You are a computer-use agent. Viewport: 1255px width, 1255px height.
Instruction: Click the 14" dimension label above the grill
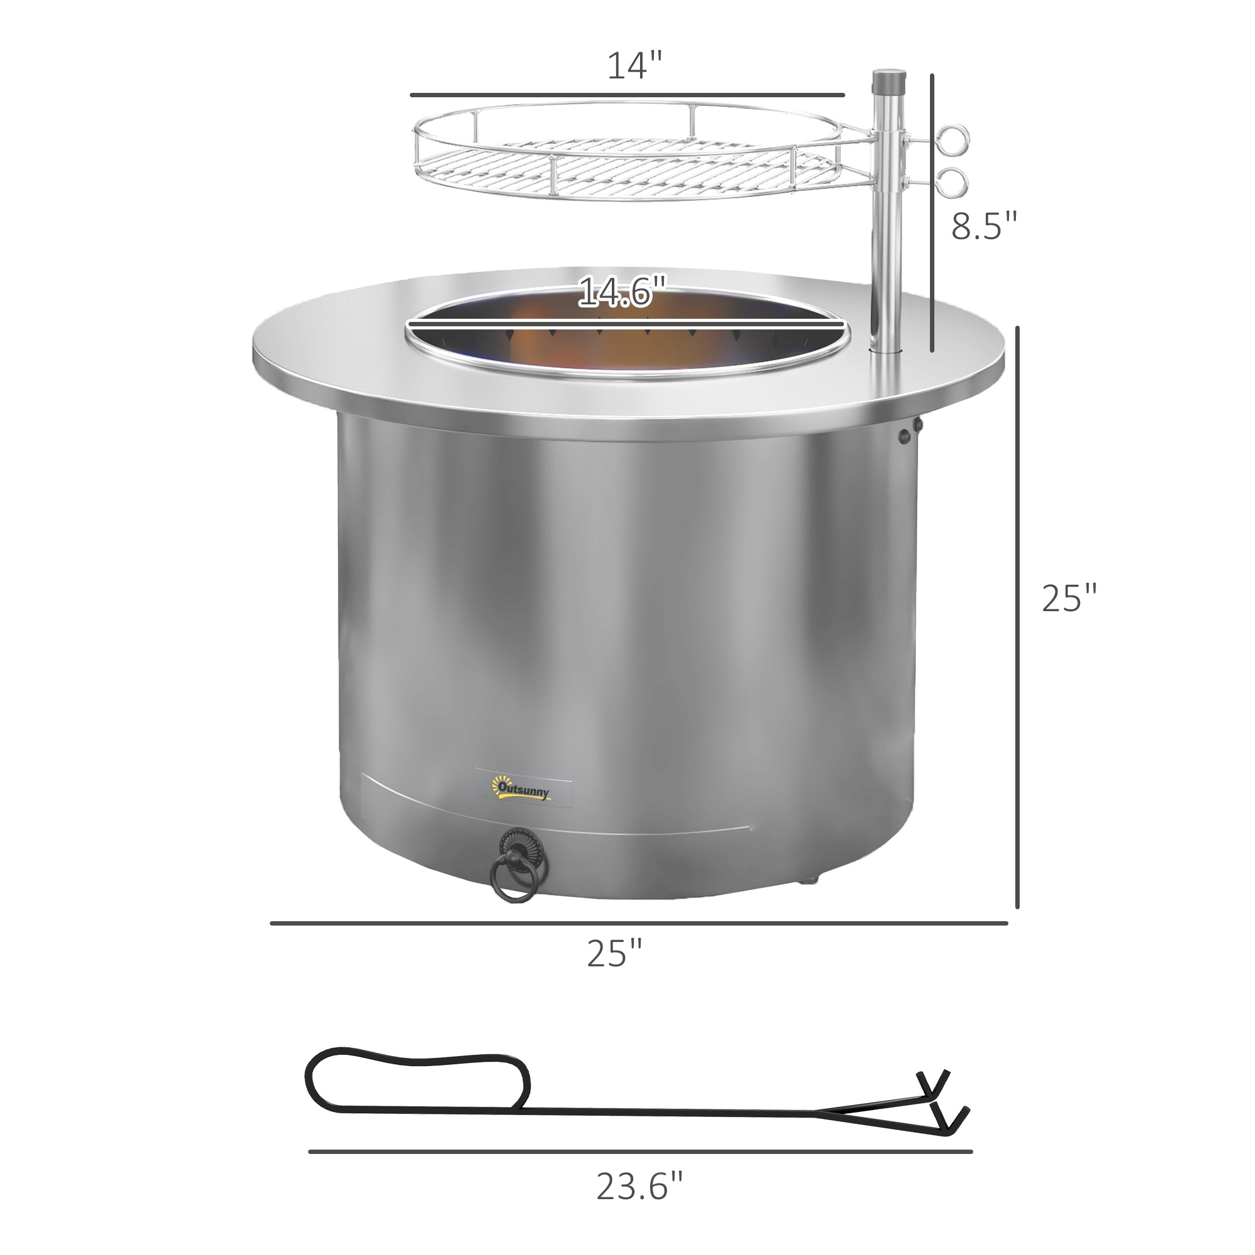[x=634, y=67]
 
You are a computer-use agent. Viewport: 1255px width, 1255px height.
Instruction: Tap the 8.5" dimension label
[x=983, y=225]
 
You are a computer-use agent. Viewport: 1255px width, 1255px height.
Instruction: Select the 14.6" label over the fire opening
[x=622, y=292]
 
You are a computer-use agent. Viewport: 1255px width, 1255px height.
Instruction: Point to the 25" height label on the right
[x=1069, y=597]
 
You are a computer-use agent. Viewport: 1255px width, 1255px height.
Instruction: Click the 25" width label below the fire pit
[x=614, y=953]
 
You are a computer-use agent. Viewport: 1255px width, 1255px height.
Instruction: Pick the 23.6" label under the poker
[x=639, y=1187]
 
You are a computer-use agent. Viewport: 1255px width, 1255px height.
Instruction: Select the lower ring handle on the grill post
[x=953, y=183]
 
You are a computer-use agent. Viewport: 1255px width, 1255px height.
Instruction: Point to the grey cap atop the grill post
[x=889, y=82]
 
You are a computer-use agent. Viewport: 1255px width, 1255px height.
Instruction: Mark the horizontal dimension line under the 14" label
[x=627, y=95]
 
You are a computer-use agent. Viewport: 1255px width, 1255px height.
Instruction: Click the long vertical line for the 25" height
[x=1017, y=617]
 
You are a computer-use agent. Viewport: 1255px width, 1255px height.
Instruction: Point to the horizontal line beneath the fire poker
[x=640, y=1151]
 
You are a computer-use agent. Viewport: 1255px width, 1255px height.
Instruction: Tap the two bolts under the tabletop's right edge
[x=909, y=432]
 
